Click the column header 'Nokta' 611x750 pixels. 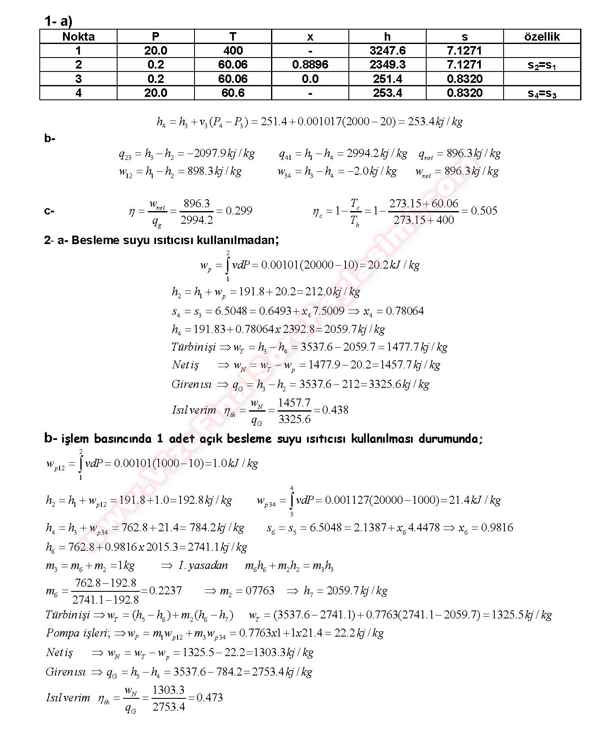click(78, 37)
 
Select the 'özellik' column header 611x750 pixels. click(542, 37)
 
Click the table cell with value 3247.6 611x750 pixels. click(387, 51)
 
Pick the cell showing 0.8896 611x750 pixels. click(310, 65)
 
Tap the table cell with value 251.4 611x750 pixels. click(387, 79)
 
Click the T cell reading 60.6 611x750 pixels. click(233, 93)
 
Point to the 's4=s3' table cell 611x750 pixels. click(542, 93)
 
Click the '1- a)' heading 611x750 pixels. click(58, 21)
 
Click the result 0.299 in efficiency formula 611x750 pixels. click(239, 211)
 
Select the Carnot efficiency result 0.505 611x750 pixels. click(484, 211)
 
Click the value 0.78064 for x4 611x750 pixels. click(405, 311)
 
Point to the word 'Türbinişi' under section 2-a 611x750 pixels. click(194, 347)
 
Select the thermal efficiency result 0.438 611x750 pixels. click(335, 410)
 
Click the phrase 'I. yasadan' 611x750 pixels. click(203, 566)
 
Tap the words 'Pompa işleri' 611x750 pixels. click(78, 633)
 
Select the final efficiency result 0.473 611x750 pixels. click(210, 698)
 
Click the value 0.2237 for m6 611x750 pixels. click(165, 591)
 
